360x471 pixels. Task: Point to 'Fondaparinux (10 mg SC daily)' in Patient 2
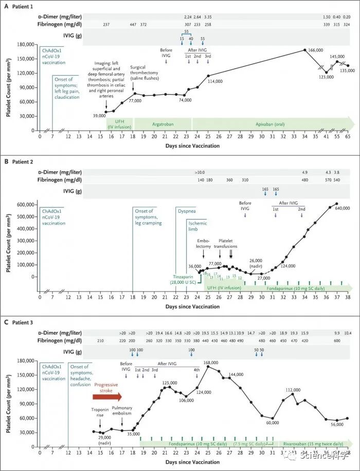tap(294, 288)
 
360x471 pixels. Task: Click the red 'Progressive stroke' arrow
tap(107, 396)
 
